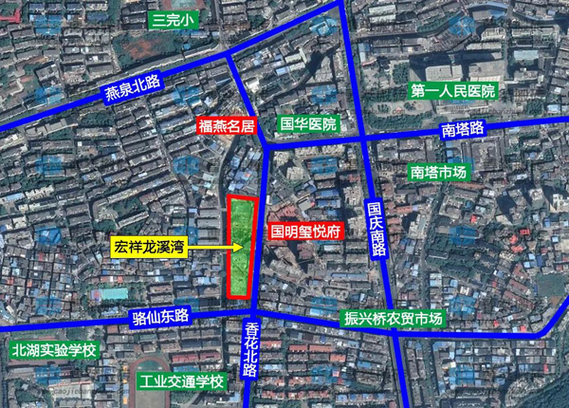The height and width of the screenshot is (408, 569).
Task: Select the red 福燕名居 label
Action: point(227,125)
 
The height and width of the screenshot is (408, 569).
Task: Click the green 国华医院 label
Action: point(308,124)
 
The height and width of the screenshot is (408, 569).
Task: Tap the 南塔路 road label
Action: point(463,128)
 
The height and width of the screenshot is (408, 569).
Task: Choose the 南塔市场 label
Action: point(439,173)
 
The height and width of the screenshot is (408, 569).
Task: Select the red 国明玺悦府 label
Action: point(305,231)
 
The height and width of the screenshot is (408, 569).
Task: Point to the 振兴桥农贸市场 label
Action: point(391,319)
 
